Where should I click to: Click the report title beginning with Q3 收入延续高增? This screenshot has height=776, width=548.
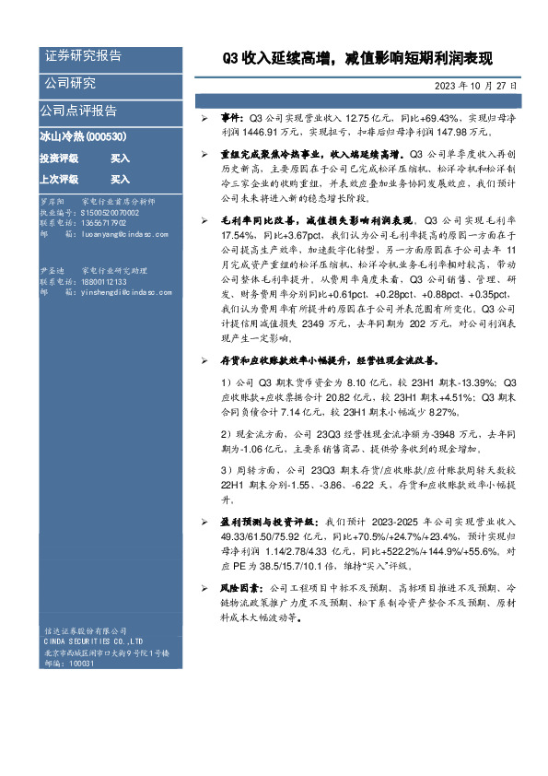point(358,60)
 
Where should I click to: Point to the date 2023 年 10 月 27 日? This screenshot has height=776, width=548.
point(475,86)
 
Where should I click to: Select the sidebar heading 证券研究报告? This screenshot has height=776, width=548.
point(83,56)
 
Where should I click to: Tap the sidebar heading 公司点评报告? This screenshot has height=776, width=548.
point(78,111)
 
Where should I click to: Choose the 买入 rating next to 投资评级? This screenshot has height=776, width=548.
point(120,159)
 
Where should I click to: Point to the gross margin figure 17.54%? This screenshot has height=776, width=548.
point(236,236)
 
